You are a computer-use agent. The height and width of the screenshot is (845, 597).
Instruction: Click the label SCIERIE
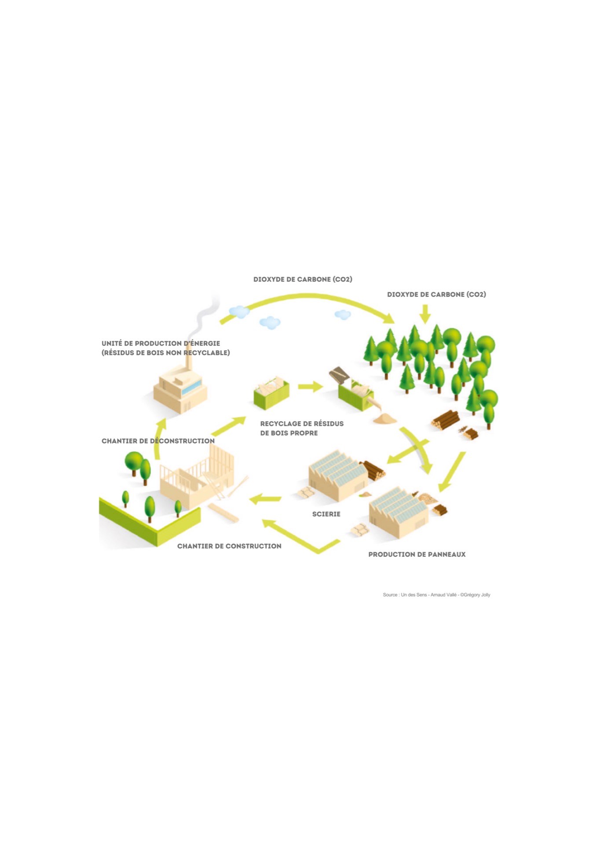pos(326,514)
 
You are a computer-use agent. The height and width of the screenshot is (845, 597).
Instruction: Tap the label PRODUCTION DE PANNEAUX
pos(417,555)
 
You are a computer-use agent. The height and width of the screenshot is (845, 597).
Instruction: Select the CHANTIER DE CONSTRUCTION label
pos(229,546)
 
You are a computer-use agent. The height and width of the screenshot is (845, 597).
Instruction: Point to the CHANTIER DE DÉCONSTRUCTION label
pos(158,441)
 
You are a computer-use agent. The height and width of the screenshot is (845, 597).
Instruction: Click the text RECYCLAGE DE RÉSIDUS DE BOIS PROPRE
pos(302,428)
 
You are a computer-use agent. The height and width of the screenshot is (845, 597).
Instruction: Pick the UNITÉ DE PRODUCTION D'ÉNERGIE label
pos(161,343)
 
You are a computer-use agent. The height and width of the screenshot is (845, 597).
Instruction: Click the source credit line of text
pos(436,595)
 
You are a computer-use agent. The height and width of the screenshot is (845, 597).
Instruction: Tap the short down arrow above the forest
pos(425,313)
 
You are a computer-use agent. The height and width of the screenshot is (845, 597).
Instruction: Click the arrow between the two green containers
pos(310,387)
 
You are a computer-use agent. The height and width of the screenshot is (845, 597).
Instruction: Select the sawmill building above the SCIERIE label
pos(338,476)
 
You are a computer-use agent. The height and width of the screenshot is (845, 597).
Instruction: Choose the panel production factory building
pos(399,512)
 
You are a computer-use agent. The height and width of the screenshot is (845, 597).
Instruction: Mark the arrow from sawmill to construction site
pos(265,499)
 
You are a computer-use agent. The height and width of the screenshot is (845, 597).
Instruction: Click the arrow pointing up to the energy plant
pos(159,438)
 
